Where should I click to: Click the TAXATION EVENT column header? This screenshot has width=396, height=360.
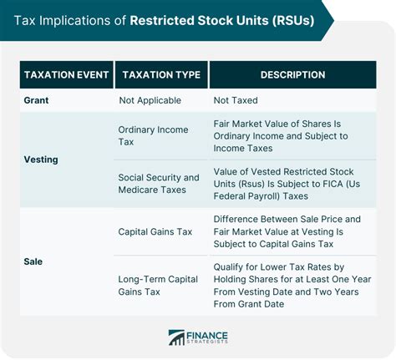pos(66,74)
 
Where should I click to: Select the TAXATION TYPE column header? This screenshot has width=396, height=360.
pos(161,74)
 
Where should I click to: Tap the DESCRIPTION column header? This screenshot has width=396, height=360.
pos(292,74)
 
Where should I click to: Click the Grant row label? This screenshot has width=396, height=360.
pos(36,100)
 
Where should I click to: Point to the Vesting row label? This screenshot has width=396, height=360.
pos(41,160)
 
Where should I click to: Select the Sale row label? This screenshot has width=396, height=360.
pos(33,261)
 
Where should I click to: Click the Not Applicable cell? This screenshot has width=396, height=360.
pos(150,100)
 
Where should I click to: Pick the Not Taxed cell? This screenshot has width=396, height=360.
pos(236,100)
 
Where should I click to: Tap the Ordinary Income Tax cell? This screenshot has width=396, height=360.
pos(153,135)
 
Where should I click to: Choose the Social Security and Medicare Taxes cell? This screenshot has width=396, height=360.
pos(159,184)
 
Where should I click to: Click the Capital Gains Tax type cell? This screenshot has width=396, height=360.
pos(155,231)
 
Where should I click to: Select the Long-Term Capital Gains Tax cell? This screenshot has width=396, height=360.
pos(158,286)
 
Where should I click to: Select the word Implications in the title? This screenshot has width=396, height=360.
pos(74,21)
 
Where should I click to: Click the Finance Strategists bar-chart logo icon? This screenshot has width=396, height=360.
pos(176,337)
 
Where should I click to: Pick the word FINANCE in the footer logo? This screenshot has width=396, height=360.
pos(207,336)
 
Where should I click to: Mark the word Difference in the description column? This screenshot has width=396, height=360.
pos(236,219)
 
